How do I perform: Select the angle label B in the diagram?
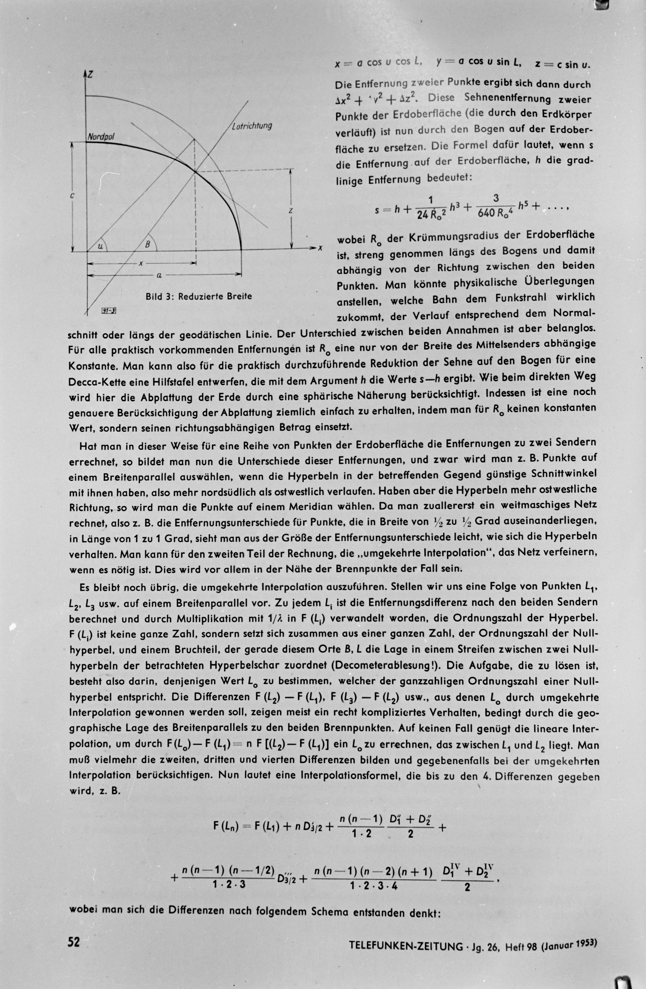(x=147, y=245)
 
